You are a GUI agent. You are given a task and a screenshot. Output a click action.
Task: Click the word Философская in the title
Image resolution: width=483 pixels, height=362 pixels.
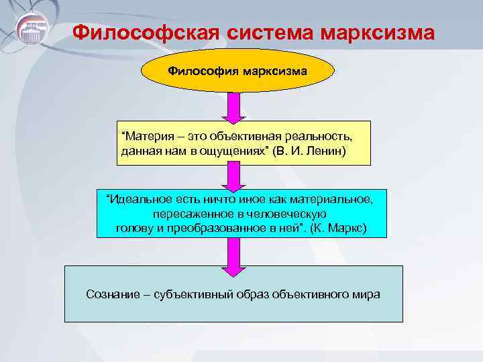tap(144, 33)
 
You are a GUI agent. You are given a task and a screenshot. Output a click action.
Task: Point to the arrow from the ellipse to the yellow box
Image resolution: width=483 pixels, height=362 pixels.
tap(233, 108)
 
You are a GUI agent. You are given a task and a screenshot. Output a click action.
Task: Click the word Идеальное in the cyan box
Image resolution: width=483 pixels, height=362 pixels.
tap(134, 199)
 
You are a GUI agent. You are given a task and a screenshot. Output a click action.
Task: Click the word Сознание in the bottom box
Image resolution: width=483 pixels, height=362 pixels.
tap(111, 294)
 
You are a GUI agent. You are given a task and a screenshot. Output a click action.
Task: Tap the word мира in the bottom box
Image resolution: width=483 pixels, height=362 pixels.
tap(367, 294)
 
